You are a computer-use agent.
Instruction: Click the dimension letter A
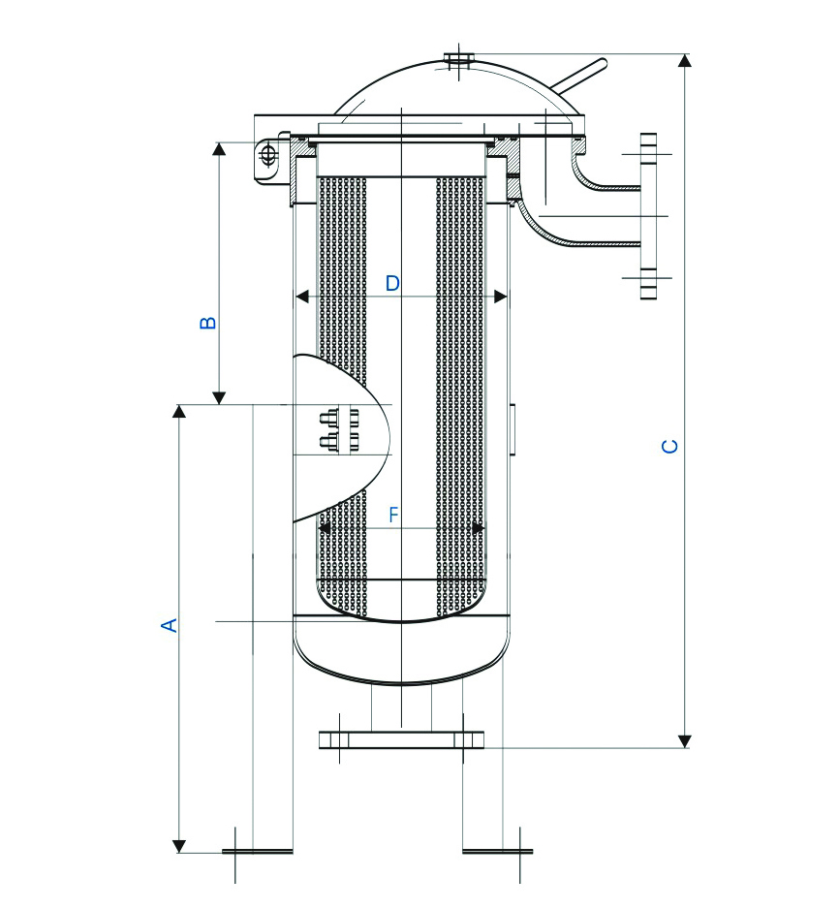pyautogui.click(x=170, y=625)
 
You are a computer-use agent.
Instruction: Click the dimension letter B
pyautogui.click(x=207, y=322)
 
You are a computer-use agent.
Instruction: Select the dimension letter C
pyautogui.click(x=668, y=446)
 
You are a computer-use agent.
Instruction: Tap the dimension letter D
pyautogui.click(x=392, y=283)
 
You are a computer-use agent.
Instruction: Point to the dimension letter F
pyautogui.click(x=393, y=516)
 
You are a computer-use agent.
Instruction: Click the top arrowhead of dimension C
pyautogui.click(x=685, y=60)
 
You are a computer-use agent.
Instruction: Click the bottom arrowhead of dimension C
pyautogui.click(x=685, y=741)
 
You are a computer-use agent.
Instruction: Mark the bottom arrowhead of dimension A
pyautogui.click(x=179, y=845)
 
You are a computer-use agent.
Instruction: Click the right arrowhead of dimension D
pyautogui.click(x=501, y=297)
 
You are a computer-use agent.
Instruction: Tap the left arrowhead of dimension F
pyautogui.click(x=326, y=528)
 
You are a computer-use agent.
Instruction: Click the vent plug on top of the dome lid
pyautogui.click(x=458, y=59)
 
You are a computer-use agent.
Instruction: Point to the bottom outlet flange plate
pyautogui.click(x=402, y=739)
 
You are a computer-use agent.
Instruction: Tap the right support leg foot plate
pyautogui.click(x=497, y=852)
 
